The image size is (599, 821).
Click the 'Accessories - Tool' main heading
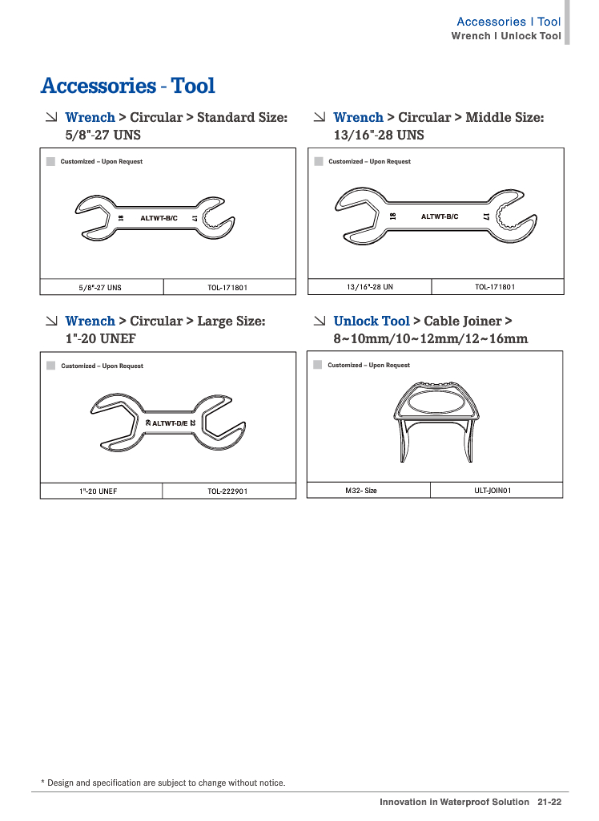pos(128,86)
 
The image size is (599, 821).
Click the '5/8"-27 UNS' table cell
pos(100,287)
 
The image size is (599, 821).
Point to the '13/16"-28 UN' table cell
pos(369,286)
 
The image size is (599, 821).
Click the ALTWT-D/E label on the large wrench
pos(169,423)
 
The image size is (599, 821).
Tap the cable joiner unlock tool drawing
pos(436,417)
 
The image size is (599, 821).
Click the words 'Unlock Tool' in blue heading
pos(372,321)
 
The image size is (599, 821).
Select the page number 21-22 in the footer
pos(549,802)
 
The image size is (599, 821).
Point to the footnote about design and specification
pos(163,783)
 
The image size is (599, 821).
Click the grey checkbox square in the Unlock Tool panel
pos(318,365)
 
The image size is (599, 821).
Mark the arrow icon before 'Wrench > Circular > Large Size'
pos(51,321)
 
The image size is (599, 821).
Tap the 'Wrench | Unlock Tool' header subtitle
pos(506,36)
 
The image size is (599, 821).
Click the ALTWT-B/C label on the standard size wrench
pos(159,218)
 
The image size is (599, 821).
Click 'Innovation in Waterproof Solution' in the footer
pos(454,802)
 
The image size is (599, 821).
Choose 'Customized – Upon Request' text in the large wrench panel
pos(102,366)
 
